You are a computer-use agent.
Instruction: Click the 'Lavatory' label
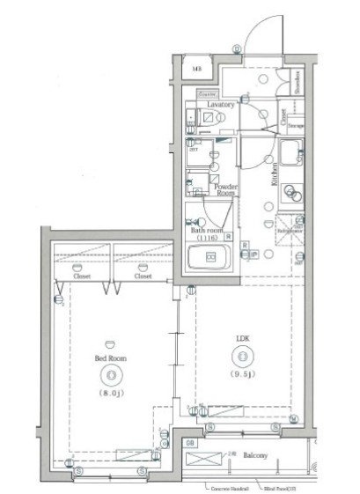point(221,104)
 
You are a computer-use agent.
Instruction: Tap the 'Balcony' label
point(256,456)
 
